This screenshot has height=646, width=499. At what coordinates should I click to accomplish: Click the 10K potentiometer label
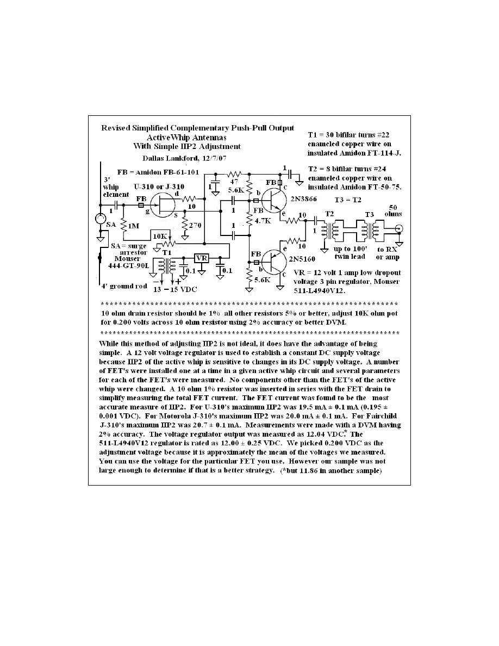click(x=161, y=236)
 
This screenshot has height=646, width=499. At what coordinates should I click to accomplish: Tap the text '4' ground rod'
click(x=124, y=286)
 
